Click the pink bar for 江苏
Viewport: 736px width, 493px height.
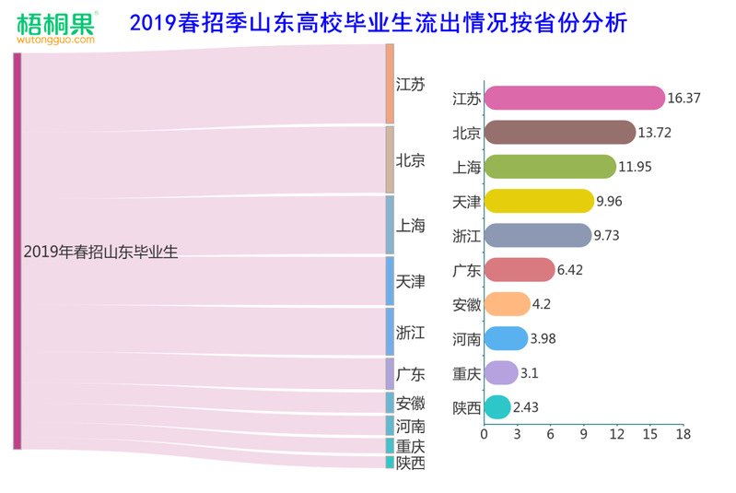click(x=574, y=98)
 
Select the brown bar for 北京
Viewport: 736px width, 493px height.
click(x=559, y=132)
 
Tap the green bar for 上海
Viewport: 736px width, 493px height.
click(x=550, y=167)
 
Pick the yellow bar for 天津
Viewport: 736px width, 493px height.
click(x=539, y=201)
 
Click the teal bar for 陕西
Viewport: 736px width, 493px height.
click(x=497, y=407)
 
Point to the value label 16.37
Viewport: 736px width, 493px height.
click(x=685, y=98)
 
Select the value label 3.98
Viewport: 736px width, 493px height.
click(x=546, y=339)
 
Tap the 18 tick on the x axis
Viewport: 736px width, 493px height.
click(x=683, y=434)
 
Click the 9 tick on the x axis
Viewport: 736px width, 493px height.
click(x=583, y=434)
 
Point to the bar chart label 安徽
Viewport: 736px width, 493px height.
click(x=466, y=305)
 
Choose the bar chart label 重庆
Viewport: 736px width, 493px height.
click(x=466, y=374)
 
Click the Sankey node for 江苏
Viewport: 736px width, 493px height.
click(x=390, y=83)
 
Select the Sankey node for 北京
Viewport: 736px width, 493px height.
click(x=390, y=159)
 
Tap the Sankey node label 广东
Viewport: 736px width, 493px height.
click(x=411, y=374)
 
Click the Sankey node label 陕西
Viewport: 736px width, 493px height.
click(x=411, y=463)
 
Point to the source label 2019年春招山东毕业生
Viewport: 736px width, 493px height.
click(x=100, y=252)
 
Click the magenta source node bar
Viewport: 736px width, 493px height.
click(x=17, y=251)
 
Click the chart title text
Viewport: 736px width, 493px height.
click(x=379, y=23)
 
